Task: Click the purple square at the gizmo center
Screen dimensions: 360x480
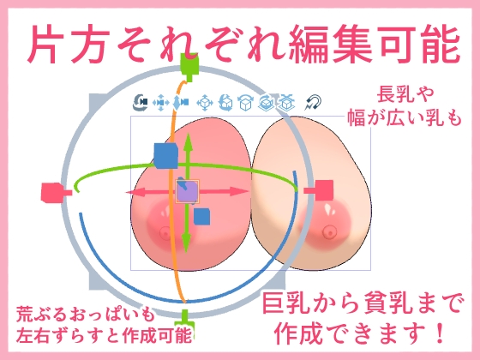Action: pyautogui.click(x=187, y=191)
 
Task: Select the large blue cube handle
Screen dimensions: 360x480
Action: pyautogui.click(x=165, y=156)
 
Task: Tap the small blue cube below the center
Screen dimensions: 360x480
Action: pyautogui.click(x=201, y=217)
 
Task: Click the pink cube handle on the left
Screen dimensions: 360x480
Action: pyautogui.click(x=52, y=191)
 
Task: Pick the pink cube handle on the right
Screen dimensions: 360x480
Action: pyautogui.click(x=323, y=191)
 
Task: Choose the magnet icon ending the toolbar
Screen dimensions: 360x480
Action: pyautogui.click(x=314, y=103)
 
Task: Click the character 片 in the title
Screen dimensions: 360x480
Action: pyautogui.click(x=50, y=40)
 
